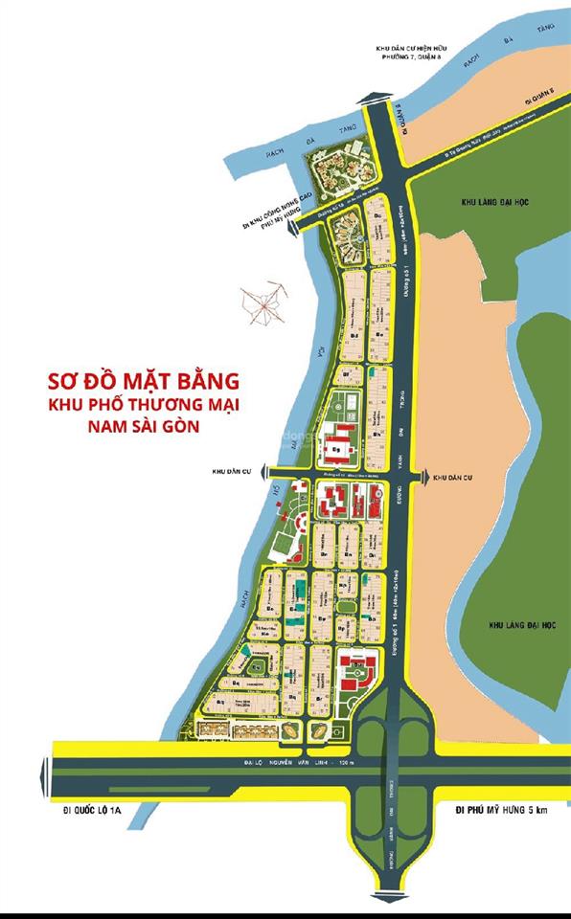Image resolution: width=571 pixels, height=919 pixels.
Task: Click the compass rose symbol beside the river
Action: (x=264, y=304)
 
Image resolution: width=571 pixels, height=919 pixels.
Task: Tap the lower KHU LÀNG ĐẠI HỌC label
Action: (x=495, y=624)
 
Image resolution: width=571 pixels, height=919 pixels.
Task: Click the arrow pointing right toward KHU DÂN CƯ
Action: (x=423, y=476)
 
